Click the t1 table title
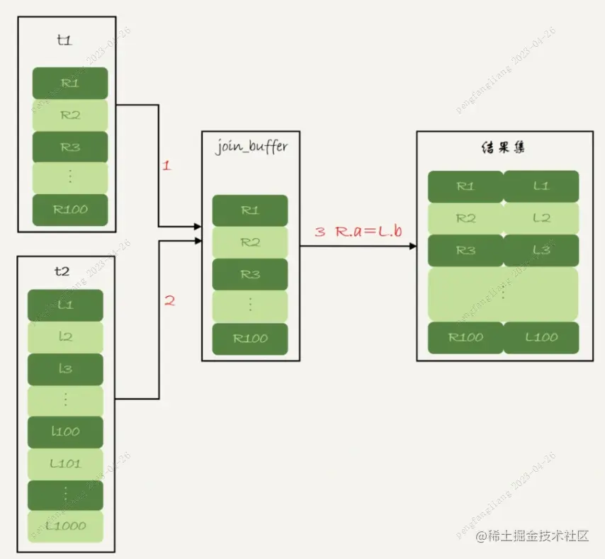[x=64, y=41]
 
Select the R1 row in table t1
[x=70, y=83]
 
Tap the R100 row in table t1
[x=70, y=210]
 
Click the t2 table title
[x=62, y=271]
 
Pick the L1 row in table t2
[x=65, y=305]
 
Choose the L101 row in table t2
[x=65, y=464]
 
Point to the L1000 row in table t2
[x=65, y=526]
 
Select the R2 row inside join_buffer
[x=250, y=242]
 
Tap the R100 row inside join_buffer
[x=250, y=339]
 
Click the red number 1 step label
[x=166, y=166]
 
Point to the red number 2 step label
[x=169, y=300]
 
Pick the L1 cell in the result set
[x=541, y=186]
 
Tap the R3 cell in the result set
[x=465, y=250]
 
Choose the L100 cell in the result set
[x=541, y=337]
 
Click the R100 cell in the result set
[x=465, y=337]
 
